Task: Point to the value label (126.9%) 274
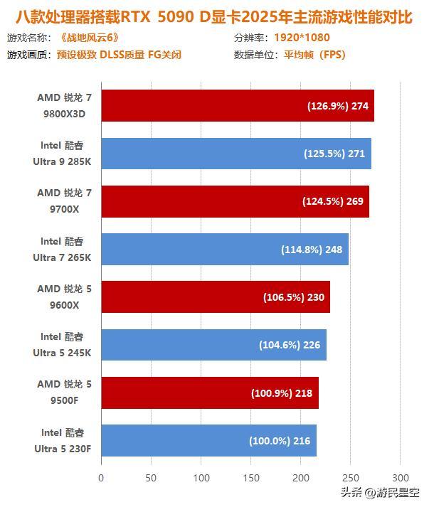[338, 106]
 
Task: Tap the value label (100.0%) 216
[280, 441]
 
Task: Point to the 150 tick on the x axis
[251, 478]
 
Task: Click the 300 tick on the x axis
[401, 478]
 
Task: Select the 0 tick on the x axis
[101, 478]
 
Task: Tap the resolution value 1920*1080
[302, 37]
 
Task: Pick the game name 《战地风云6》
[88, 37]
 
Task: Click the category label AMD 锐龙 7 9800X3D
[65, 105]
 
